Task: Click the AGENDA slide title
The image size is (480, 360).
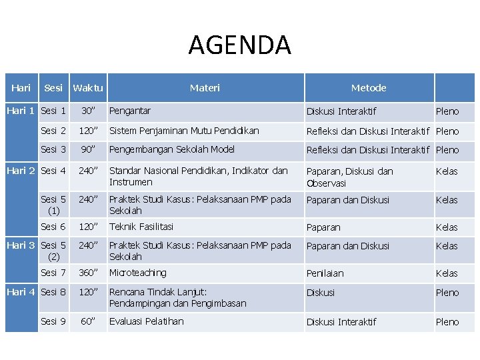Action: point(239,45)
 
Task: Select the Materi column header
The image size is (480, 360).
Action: point(205,88)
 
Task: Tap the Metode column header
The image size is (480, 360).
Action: point(369,88)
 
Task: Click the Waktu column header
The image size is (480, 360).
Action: point(88,88)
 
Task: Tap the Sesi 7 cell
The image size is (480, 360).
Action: point(53,273)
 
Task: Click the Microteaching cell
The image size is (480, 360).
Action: point(138,273)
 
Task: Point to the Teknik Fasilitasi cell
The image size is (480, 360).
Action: point(141,227)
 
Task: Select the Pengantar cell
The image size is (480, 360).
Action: point(130,111)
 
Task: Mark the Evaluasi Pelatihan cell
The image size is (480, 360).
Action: point(147,321)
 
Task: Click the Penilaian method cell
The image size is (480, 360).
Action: point(325,273)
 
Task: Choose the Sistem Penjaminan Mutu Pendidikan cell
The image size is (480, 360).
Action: point(184,131)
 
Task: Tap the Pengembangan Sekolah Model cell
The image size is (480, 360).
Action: point(172,149)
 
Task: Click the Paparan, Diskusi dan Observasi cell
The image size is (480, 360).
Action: point(349,177)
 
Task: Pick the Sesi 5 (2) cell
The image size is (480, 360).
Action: point(53,251)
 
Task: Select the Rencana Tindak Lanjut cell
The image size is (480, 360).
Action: point(177,297)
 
